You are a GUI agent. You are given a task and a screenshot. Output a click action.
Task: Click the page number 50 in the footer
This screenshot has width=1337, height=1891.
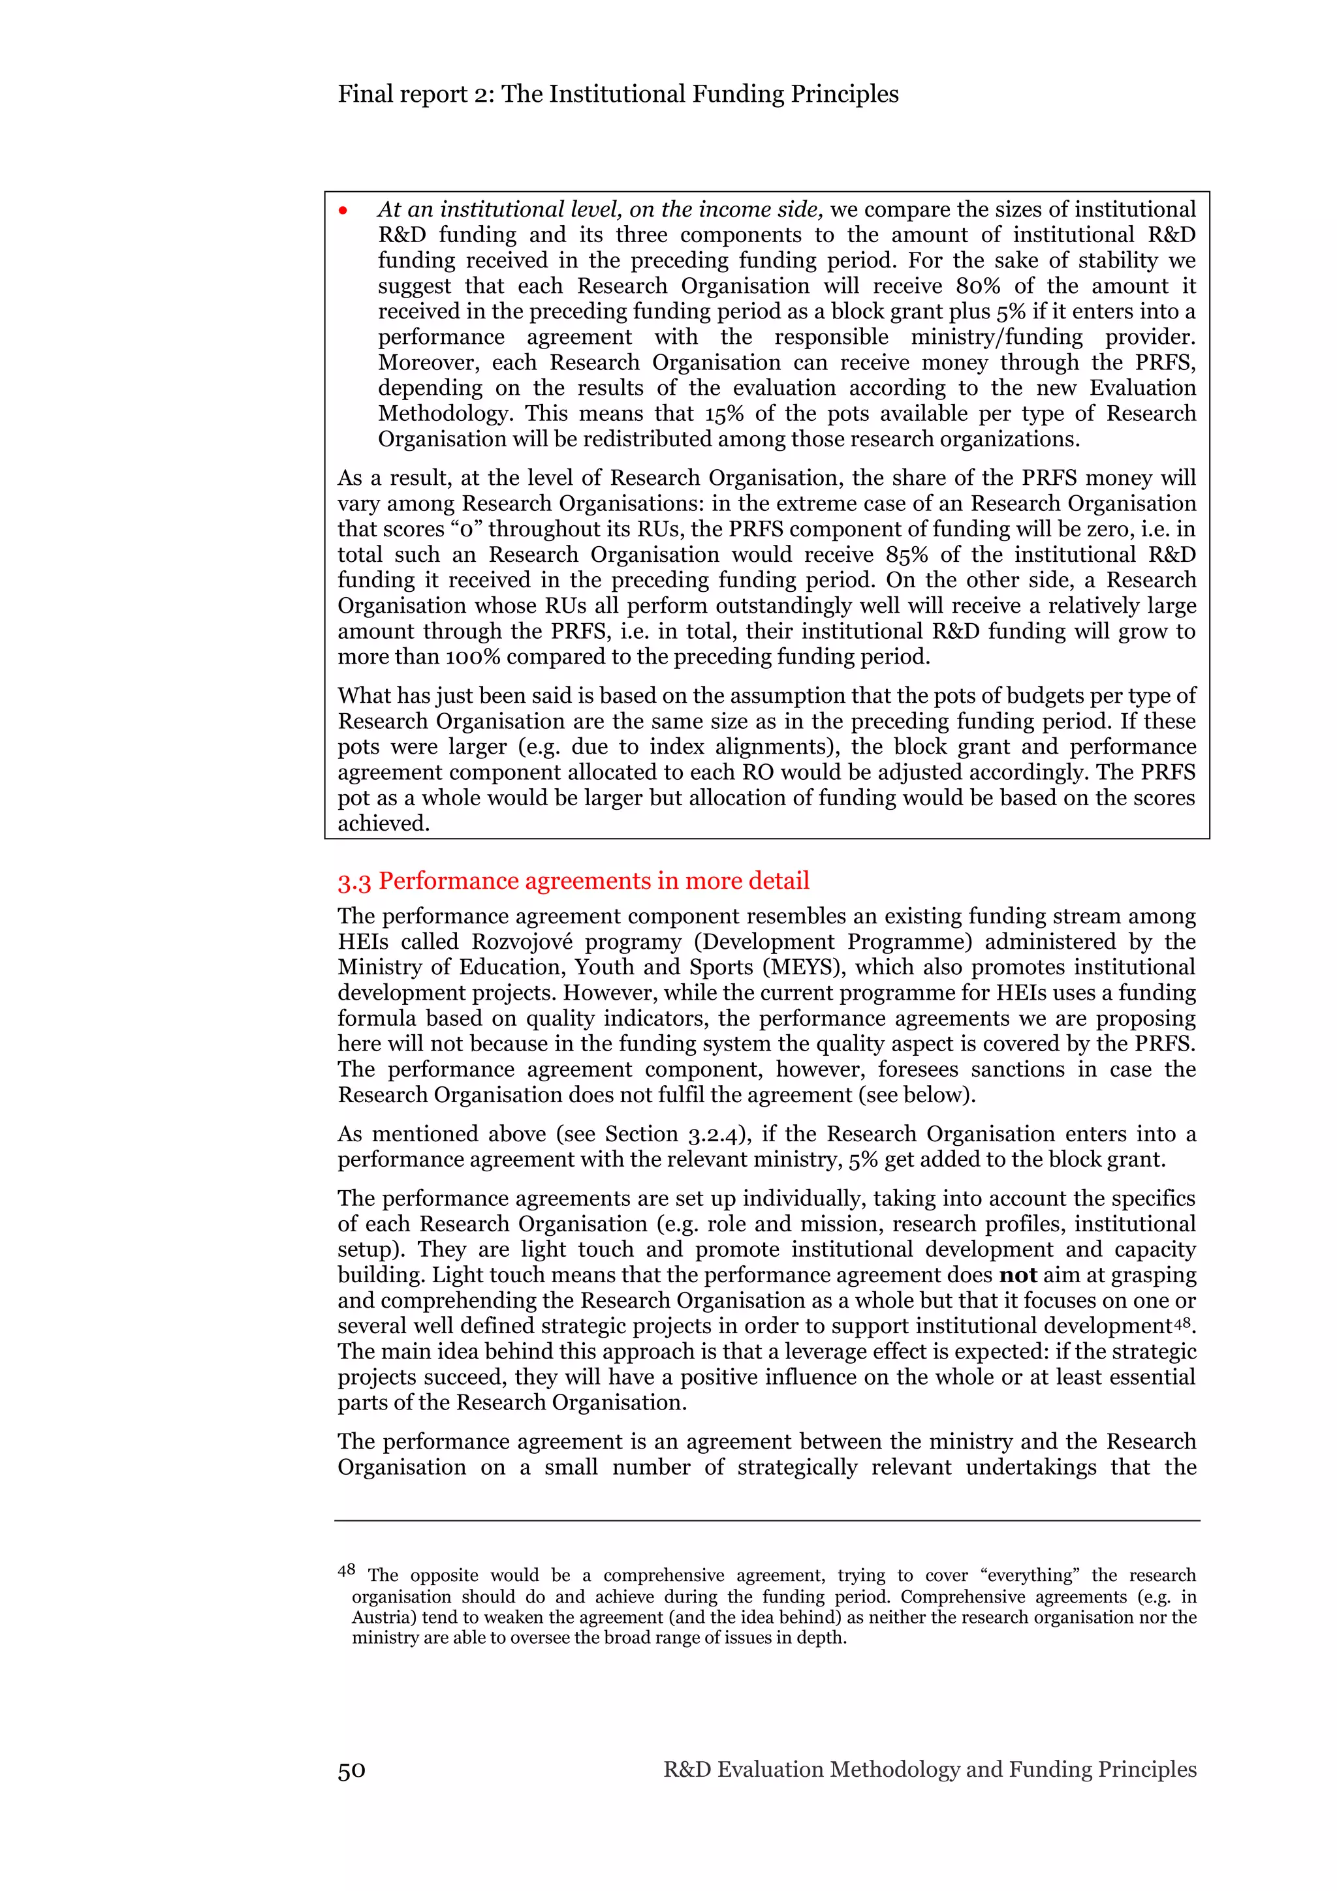351,1770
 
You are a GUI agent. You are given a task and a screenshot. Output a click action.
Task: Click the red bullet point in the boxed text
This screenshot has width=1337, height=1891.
343,211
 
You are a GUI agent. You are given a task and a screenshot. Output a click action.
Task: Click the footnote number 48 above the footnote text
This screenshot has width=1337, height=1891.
346,1570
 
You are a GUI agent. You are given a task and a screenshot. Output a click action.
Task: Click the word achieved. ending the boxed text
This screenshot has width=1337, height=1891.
384,823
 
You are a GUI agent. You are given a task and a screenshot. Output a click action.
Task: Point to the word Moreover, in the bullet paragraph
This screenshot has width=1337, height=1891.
428,362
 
